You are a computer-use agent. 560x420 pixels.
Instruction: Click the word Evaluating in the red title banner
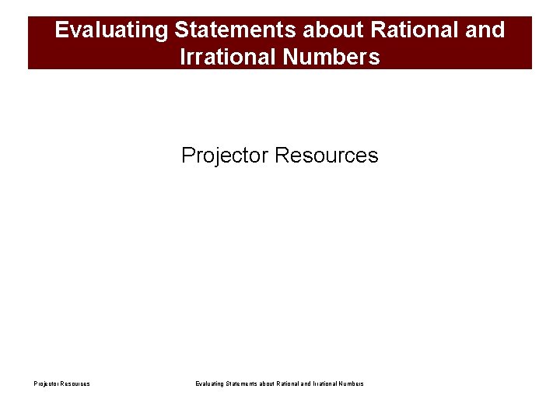pos(112,30)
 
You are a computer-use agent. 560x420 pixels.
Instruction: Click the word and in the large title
pos(486,30)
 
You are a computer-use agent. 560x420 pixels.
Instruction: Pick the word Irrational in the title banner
pos(224,57)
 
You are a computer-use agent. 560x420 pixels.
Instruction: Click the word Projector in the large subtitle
pos(225,156)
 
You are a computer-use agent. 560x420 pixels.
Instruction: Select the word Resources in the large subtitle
pos(327,156)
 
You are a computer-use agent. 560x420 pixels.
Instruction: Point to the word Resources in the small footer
pos(75,383)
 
